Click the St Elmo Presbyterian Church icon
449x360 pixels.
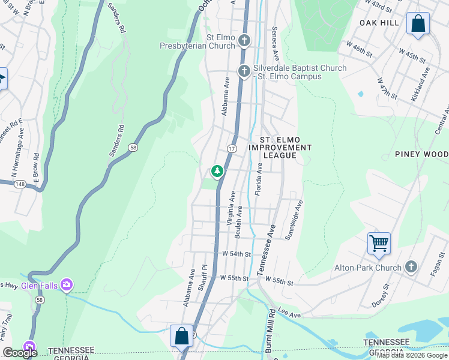coord(244,41)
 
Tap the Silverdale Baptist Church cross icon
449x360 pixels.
coord(244,71)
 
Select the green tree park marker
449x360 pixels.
coord(217,172)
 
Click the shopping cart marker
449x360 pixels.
coord(379,244)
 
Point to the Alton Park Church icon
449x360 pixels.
coord(411,266)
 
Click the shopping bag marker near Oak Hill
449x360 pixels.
coord(418,24)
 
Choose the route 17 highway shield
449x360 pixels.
coord(231,148)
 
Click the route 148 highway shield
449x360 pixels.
coord(21,184)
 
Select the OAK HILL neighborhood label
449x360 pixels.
coord(379,22)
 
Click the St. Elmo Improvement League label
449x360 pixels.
coord(280,151)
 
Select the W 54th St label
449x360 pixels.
coord(235,254)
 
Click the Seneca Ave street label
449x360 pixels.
coord(276,44)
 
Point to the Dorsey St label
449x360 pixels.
coord(381,296)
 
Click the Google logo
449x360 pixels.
coord(20,353)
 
